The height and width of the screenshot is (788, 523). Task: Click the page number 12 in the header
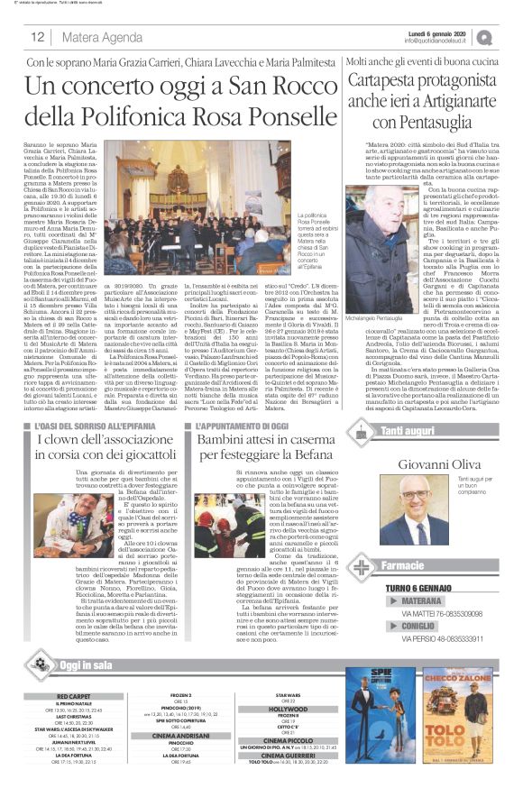[37, 37]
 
